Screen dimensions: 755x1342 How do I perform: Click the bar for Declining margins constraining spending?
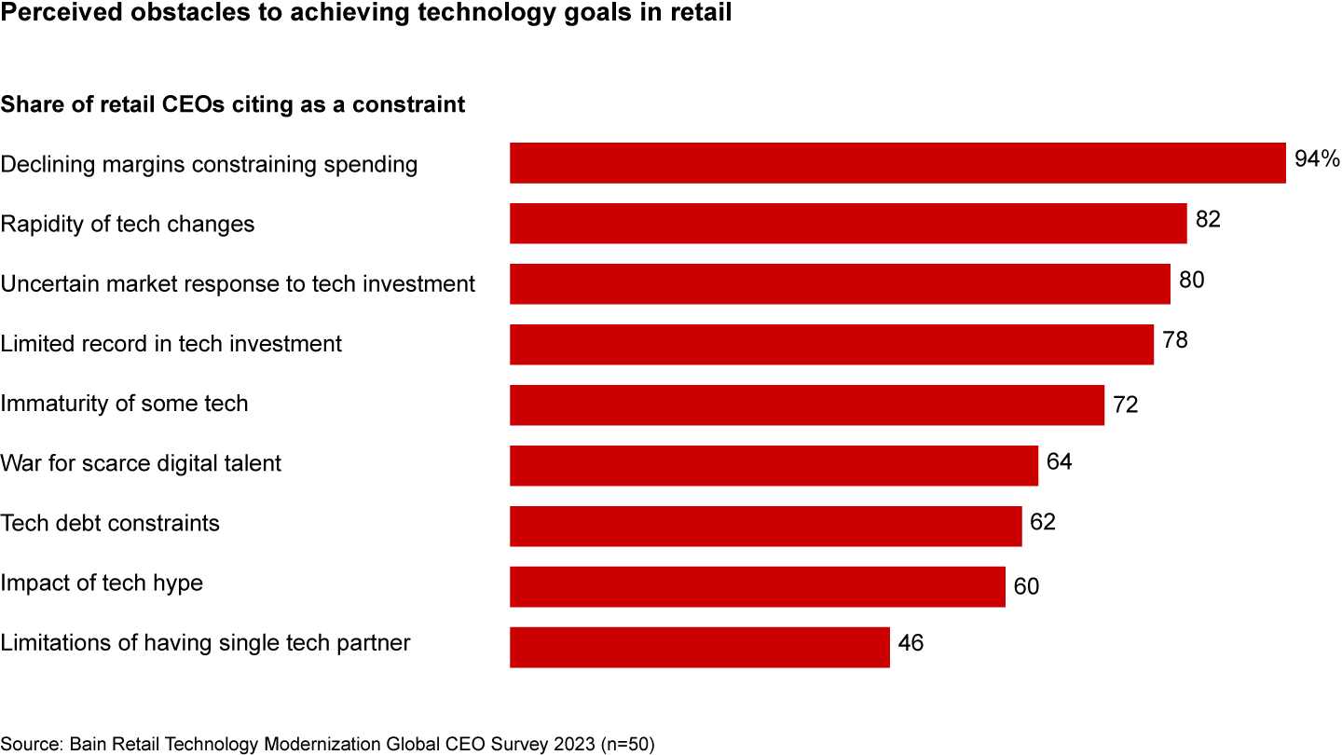(x=897, y=163)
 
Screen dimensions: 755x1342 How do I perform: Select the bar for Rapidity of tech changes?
(x=848, y=224)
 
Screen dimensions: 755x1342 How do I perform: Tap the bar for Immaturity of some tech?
(x=807, y=405)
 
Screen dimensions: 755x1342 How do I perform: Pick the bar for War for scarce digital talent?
(x=774, y=464)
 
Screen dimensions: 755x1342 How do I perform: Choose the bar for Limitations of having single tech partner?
(x=700, y=647)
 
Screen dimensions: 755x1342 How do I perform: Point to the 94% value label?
(x=1317, y=159)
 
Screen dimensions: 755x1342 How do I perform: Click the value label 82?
(x=1208, y=220)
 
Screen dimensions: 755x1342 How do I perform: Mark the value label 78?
(x=1175, y=340)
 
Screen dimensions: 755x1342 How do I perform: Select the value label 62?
(x=1043, y=522)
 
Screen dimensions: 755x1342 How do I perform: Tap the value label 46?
(x=911, y=643)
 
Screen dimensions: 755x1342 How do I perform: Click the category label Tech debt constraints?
(x=110, y=523)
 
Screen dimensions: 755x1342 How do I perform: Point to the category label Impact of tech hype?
(x=102, y=583)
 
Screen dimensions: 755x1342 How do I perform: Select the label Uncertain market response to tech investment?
(x=238, y=283)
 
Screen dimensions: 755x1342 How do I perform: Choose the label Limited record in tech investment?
(x=171, y=344)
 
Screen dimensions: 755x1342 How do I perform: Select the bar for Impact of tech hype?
(x=758, y=586)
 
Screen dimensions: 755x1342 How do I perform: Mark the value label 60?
(x=1026, y=587)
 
